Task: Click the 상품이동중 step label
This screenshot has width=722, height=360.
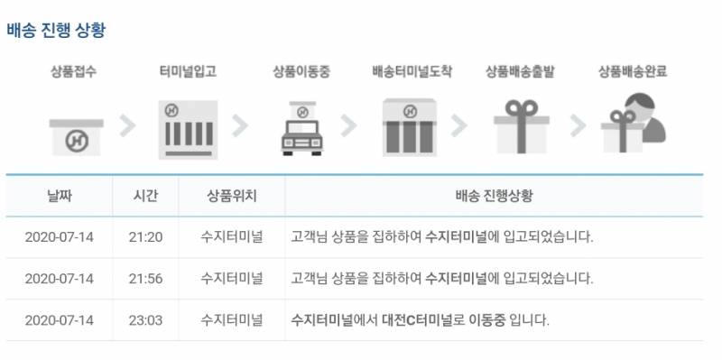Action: [301, 71]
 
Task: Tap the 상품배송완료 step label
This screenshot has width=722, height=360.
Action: [634, 71]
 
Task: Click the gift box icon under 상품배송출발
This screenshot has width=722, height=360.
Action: [522, 127]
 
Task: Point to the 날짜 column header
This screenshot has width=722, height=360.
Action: [60, 196]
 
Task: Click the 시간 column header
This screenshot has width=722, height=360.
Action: [145, 196]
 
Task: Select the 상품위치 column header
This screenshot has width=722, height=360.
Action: [232, 196]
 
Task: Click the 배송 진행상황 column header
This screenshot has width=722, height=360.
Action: [493, 196]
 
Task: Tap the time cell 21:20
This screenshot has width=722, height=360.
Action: [145, 237]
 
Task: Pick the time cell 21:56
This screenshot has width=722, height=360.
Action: [145, 279]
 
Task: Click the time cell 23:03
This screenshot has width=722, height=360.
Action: [145, 320]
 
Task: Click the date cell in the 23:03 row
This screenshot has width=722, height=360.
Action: [60, 320]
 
